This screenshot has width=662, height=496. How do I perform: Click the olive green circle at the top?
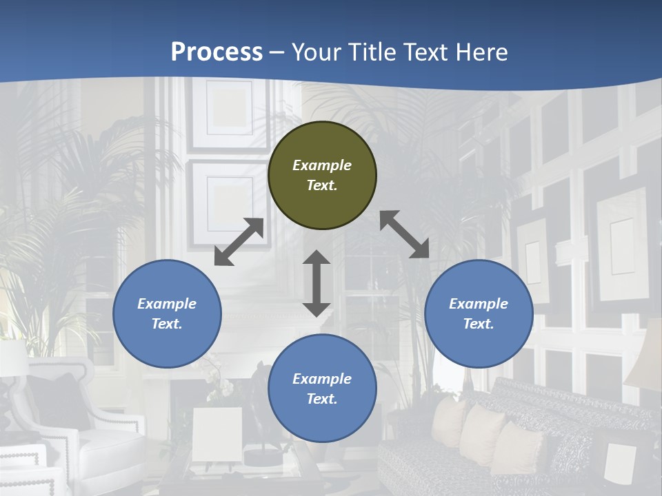322,176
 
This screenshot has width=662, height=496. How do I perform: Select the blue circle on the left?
167,313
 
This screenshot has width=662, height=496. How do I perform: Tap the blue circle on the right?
479,313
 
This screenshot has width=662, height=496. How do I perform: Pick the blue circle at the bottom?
322,389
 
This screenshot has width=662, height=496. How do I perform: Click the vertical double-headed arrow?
317,283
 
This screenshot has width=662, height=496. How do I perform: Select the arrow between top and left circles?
239,242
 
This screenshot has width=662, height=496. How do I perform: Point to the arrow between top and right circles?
404,234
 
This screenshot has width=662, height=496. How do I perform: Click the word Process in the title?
217,52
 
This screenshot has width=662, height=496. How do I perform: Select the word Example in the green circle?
322,165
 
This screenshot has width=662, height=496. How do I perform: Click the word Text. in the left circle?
167,324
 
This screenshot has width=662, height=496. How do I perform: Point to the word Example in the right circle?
479,304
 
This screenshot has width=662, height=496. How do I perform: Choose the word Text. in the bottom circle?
322,399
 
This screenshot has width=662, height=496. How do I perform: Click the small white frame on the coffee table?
217,434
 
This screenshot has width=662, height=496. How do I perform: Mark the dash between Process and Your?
277,52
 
